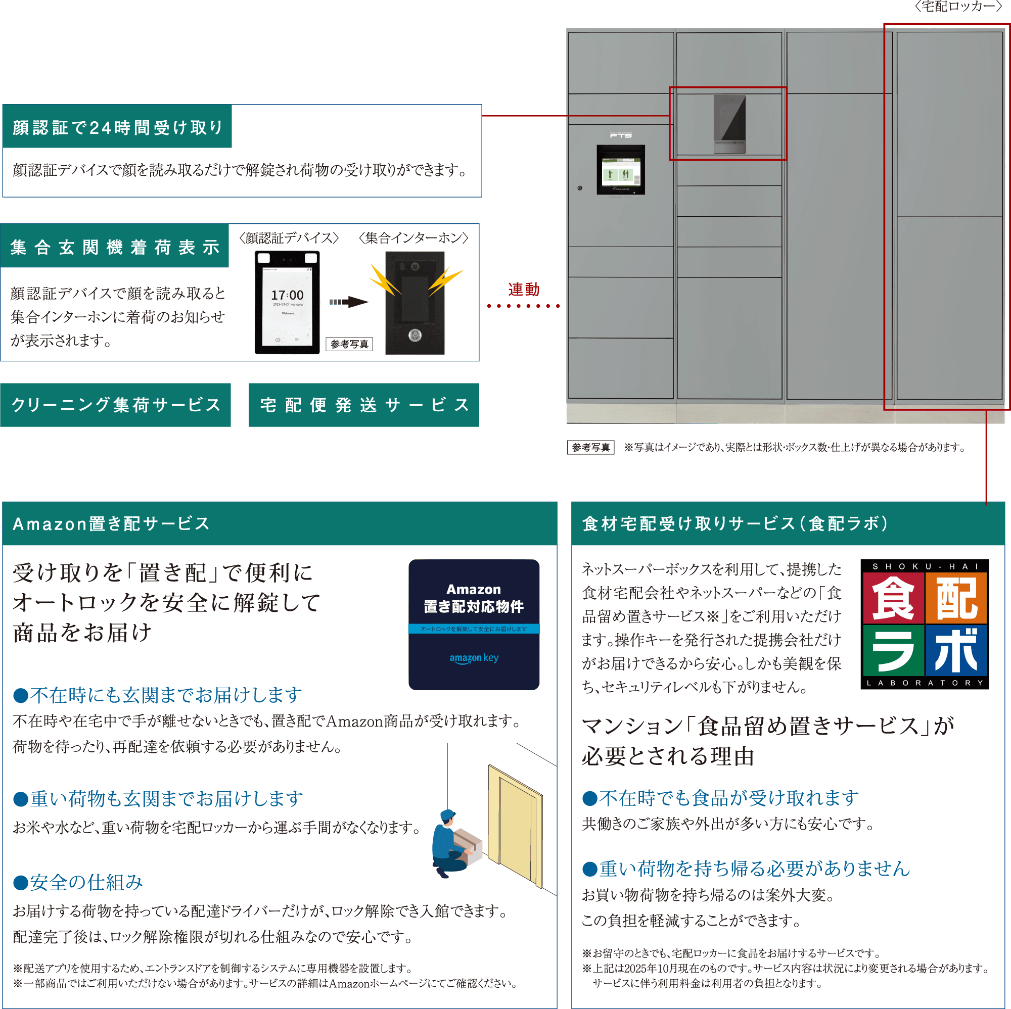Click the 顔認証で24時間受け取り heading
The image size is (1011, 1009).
point(117,127)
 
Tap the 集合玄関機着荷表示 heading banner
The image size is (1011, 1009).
point(115,247)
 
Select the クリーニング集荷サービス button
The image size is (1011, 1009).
point(116,405)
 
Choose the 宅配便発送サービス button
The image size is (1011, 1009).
point(363,405)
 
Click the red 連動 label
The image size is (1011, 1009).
point(523,289)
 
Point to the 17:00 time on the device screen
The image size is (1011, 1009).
point(287,296)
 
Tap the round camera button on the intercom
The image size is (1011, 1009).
point(415,335)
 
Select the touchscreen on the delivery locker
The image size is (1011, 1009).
point(621,169)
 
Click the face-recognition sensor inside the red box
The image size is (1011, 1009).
point(729,124)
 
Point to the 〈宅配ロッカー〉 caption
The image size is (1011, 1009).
point(961,7)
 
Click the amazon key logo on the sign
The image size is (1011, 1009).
point(474,658)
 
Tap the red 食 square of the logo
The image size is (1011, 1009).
point(893,598)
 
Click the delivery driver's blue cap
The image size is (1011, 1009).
point(448,815)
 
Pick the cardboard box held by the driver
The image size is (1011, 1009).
point(467,840)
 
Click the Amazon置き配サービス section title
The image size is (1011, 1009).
point(111,523)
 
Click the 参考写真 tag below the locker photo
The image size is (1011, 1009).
point(591,448)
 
